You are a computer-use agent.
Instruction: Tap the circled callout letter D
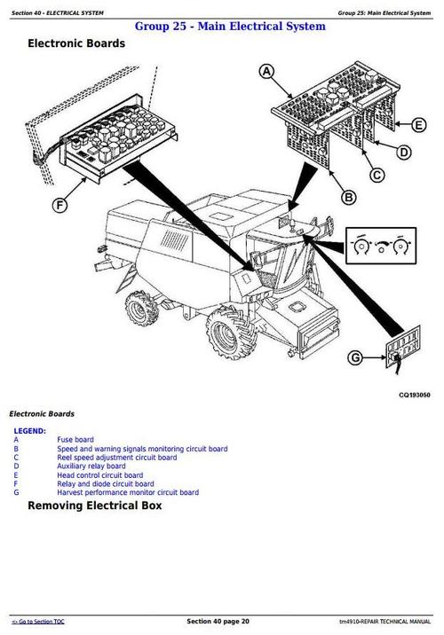pos(404,153)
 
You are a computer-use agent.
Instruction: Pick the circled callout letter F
pos(60,207)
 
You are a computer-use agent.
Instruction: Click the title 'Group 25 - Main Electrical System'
pos(229,27)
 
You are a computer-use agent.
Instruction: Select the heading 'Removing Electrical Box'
pos(95,506)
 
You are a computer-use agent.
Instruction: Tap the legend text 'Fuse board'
pos(75,440)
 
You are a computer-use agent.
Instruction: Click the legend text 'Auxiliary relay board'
pos(91,466)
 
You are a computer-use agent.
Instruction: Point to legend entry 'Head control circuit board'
pos(99,475)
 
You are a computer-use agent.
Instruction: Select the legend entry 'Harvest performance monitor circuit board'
pos(128,492)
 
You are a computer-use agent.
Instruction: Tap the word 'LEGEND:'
pos(31,431)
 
